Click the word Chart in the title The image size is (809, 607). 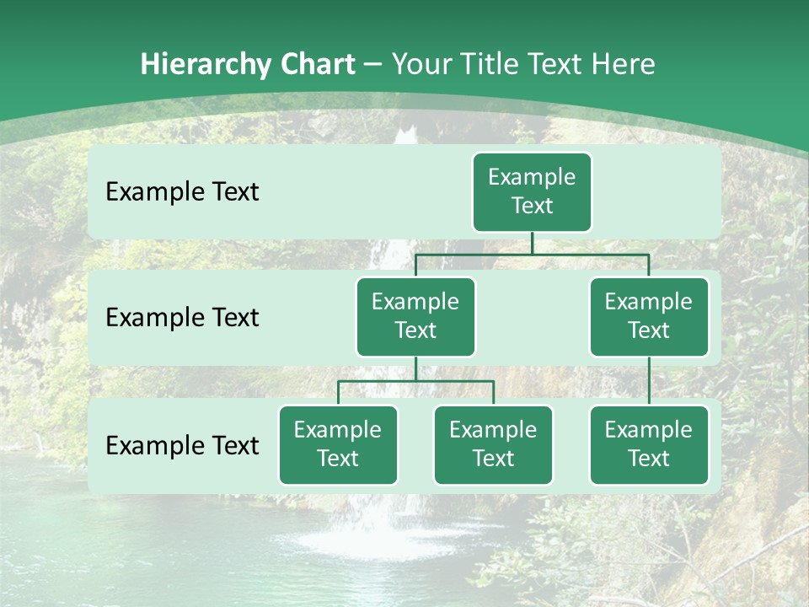coord(316,65)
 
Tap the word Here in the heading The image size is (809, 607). coord(624,65)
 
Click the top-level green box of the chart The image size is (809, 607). coord(532,191)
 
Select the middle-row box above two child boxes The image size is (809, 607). coord(415,316)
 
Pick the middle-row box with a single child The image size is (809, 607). coord(649,316)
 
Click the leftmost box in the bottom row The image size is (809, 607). coord(338,444)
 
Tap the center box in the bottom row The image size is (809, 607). coord(493,444)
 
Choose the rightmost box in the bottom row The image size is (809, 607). coord(649,444)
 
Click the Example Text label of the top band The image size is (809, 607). coord(182,192)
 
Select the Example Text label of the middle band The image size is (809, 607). coord(182,318)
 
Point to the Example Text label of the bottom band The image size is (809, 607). coord(182,445)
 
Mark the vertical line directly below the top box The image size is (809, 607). coord(532,242)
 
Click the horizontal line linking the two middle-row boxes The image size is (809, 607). coord(532,253)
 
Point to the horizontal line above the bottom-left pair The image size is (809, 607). coord(415,381)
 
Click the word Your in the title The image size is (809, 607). coord(421,65)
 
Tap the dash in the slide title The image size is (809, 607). coord(373,65)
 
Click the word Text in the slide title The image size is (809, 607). coord(558,65)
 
